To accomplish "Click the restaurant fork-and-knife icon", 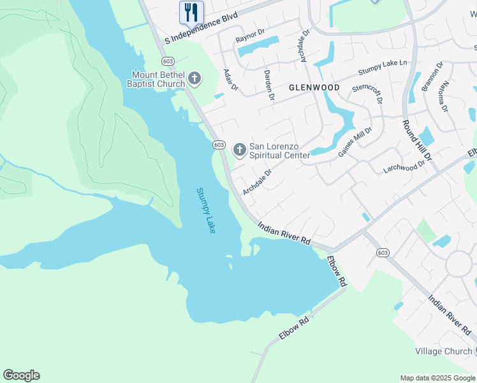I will tap(191, 12).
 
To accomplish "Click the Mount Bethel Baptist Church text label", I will tap(156, 80).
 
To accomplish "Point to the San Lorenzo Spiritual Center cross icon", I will tap(240, 150).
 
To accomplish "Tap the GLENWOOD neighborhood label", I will tap(314, 87).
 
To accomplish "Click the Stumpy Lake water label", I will tap(206, 210).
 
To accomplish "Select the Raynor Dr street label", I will tap(250, 39).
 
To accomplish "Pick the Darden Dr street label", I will tap(269, 86).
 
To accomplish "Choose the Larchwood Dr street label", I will tap(404, 168).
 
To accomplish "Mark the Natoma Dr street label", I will tap(443, 96).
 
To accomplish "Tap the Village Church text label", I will tap(443, 351).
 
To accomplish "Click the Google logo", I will tap(21, 375).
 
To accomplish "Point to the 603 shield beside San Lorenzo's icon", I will tap(219, 145).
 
